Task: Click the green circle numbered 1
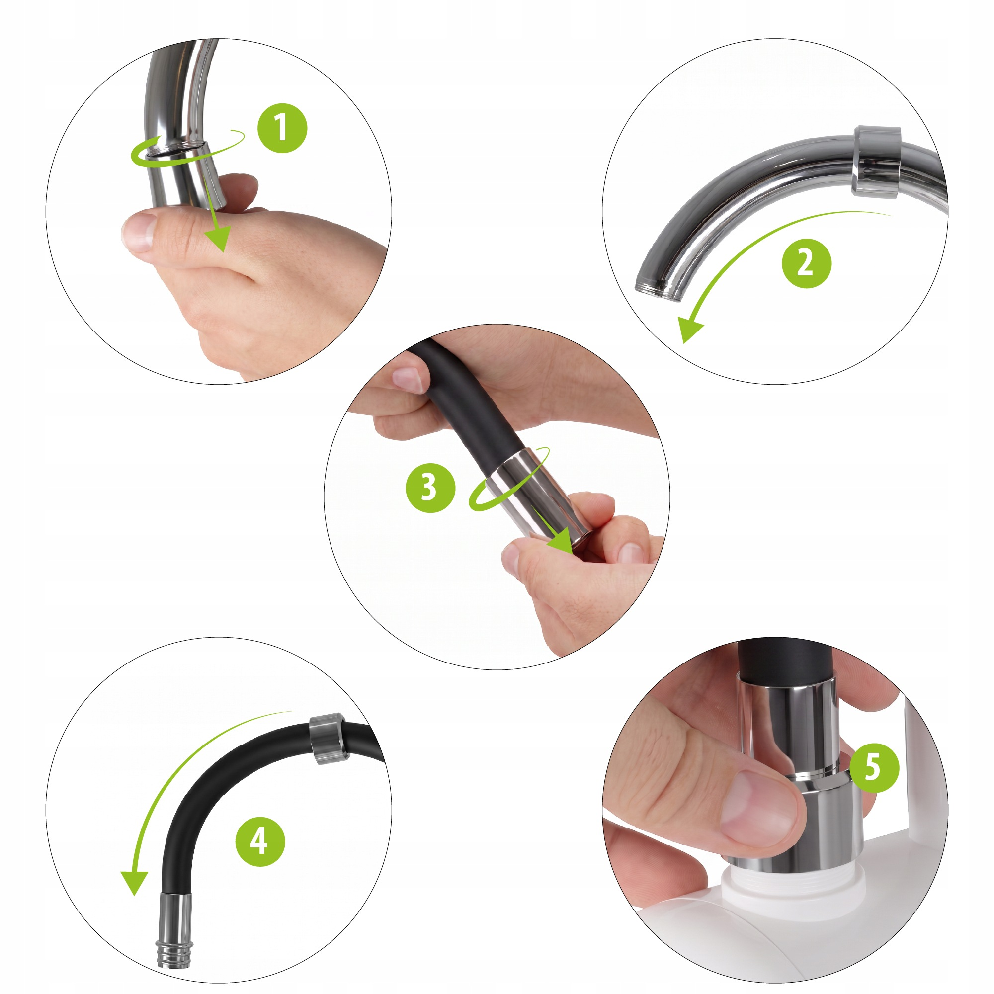282,128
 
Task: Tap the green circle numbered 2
806,263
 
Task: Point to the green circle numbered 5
875,768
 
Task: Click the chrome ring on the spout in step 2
876,161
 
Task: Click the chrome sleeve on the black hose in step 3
538,496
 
